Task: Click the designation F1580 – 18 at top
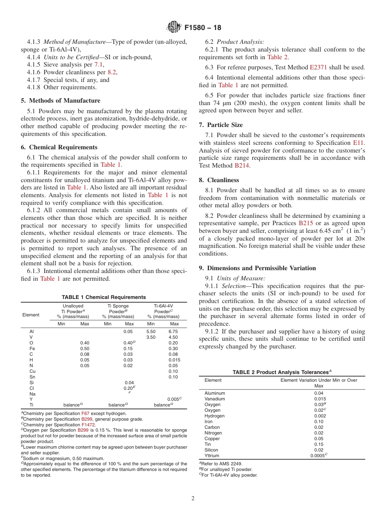pyautogui.click(x=203, y=28)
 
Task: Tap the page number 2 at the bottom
pyautogui.click(x=193, y=498)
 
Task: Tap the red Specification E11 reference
pyautogui.click(x=359, y=143)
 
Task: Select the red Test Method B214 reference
pyautogui.click(x=242, y=166)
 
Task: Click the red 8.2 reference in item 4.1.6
pyautogui.click(x=112, y=72)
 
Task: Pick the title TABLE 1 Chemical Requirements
pyautogui.click(x=104, y=297)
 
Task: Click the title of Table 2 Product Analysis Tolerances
pyautogui.click(x=282, y=372)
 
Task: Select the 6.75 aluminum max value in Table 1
pyautogui.click(x=173, y=331)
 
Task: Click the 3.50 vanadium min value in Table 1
pyautogui.click(x=151, y=337)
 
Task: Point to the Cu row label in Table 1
pyautogui.click(x=33, y=371)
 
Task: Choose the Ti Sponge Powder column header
pyautogui.click(x=118, y=311)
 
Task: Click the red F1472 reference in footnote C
pyautogui.click(x=88, y=425)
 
